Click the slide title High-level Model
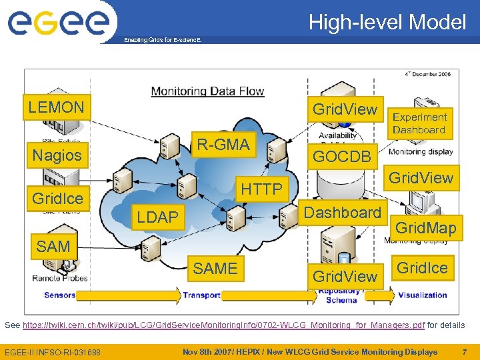click(387, 23)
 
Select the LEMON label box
click(56, 107)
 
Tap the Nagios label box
click(57, 155)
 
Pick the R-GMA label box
click(223, 144)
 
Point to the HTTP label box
click(262, 189)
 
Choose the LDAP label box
click(157, 217)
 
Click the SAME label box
click(215, 268)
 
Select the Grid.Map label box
click(426, 228)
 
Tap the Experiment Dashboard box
click(419, 123)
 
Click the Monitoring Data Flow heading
click(207, 91)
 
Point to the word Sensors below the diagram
click(60, 295)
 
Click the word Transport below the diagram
click(201, 295)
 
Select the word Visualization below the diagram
click(423, 295)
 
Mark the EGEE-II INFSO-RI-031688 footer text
click(53, 352)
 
